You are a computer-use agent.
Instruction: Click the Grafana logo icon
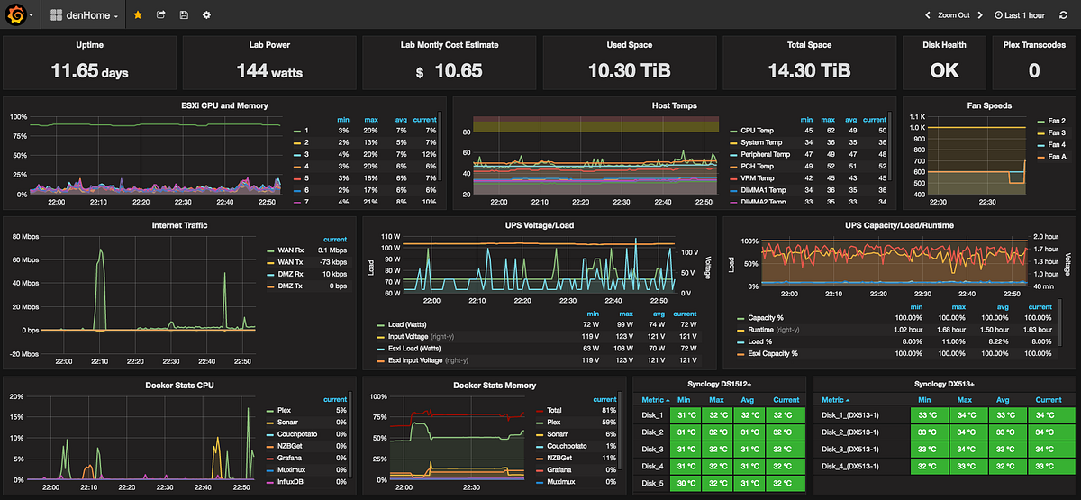(x=16, y=15)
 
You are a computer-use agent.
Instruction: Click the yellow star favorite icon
(x=137, y=15)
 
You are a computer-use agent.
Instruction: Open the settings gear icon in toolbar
(x=206, y=15)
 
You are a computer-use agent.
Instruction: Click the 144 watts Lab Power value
(x=269, y=70)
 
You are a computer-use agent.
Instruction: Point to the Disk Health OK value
(x=943, y=70)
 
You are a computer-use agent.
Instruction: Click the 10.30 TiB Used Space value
(x=629, y=70)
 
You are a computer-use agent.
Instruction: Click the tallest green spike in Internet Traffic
(x=100, y=252)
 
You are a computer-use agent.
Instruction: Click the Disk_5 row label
(x=653, y=483)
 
